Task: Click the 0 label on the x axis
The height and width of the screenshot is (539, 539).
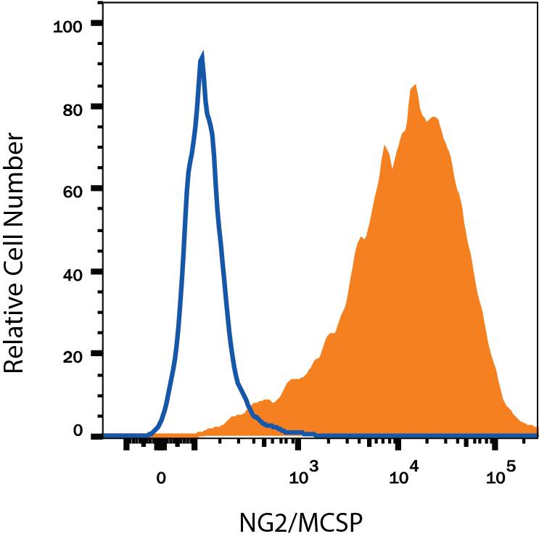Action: tap(162, 478)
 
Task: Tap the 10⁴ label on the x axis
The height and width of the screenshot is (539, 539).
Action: tap(400, 476)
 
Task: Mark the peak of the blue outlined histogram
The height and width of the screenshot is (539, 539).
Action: tap(202, 58)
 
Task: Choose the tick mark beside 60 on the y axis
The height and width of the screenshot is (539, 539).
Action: tap(96, 189)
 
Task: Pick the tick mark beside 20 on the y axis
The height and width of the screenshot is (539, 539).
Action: tap(96, 355)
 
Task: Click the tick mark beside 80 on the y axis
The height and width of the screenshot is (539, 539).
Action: tap(96, 107)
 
